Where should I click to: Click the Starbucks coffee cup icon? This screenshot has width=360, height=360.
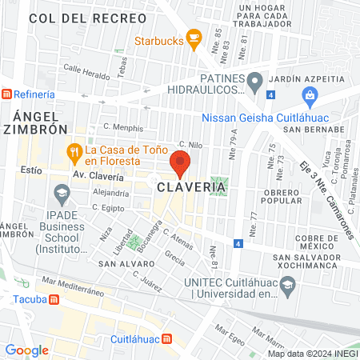tap(193, 38)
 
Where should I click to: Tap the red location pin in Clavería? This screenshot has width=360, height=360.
tap(180, 164)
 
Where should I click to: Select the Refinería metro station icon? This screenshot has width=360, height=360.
tap(6, 93)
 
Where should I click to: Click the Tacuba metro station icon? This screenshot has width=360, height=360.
tap(54, 300)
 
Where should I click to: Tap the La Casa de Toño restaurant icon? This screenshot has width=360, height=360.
tap(74, 150)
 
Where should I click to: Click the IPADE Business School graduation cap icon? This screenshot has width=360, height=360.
tap(61, 193)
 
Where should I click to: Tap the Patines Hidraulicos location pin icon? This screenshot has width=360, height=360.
tap(254, 79)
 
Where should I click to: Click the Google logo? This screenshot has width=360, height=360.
tap(27, 350)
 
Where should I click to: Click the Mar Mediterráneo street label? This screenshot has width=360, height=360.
tap(74, 286)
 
